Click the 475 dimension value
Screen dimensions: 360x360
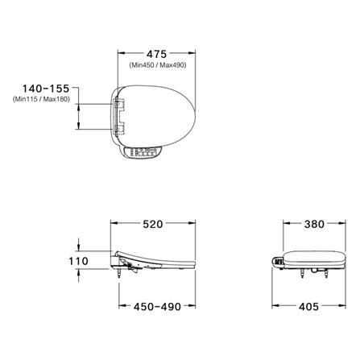click(156, 54)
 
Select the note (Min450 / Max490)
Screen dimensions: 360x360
click(158, 65)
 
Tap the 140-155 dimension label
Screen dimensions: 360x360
click(46, 89)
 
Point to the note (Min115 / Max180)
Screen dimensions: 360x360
click(41, 99)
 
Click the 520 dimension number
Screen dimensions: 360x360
click(153, 224)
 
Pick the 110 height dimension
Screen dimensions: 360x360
click(78, 261)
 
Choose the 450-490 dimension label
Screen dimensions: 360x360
click(157, 307)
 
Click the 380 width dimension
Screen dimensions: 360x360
click(314, 224)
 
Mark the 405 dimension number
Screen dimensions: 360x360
click(308, 307)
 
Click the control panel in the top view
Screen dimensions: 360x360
click(143, 152)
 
